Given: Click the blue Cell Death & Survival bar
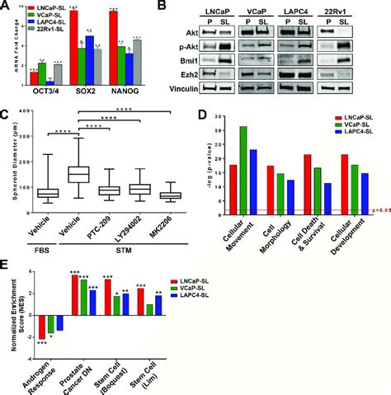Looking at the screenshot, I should click(x=327, y=200).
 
